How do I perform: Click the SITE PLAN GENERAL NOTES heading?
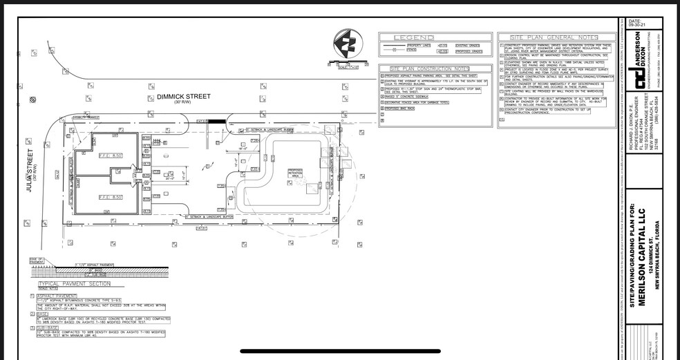point(554,37)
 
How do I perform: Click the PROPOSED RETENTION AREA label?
point(294,173)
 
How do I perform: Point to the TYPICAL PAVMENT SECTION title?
point(66,284)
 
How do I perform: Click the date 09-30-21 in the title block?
point(634,26)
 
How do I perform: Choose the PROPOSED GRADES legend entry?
point(468,51)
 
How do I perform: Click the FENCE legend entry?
point(412,51)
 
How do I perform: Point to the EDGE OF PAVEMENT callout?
point(37,260)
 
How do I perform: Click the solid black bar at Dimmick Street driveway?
point(217,122)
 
